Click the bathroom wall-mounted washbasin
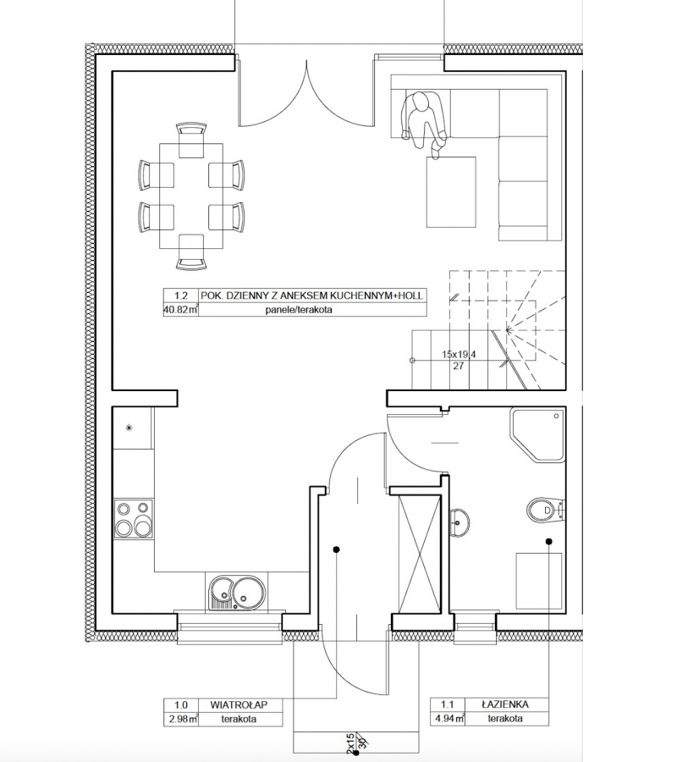point(458,523)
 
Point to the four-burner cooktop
point(133,518)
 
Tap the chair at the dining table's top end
point(191,141)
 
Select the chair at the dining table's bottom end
point(191,251)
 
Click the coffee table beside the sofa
point(451,191)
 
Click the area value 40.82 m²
point(181,310)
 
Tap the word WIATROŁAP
point(239,704)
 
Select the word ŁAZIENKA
point(505,704)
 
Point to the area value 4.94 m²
point(448,718)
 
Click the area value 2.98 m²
point(180,718)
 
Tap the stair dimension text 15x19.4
point(458,355)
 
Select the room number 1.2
point(181,295)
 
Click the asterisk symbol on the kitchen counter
point(129,428)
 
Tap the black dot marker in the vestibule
point(336,549)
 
